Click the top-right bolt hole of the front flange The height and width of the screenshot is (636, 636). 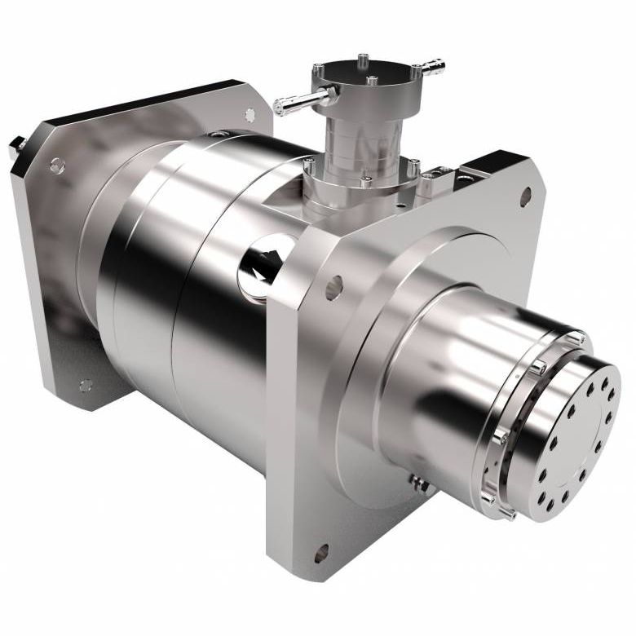click(x=526, y=195)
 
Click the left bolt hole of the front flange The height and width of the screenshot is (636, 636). click(x=333, y=286)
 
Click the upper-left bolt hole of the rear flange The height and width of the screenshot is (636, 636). click(x=56, y=166)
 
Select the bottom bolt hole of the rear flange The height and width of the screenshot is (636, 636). click(x=86, y=385)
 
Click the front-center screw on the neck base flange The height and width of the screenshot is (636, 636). click(x=366, y=181)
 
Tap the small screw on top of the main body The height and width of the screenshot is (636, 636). click(x=215, y=134)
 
